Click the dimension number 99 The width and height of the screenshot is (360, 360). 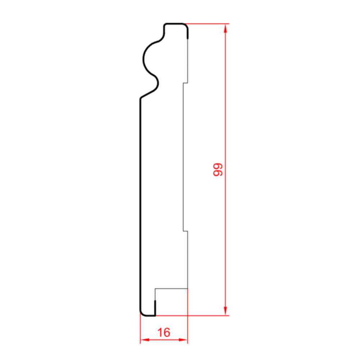point(218,170)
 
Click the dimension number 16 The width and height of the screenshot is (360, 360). point(164,332)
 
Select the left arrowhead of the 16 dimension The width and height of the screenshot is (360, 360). point(145,340)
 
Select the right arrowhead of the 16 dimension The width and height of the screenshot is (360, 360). point(183,340)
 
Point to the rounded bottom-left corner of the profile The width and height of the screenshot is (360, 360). point(143,314)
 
